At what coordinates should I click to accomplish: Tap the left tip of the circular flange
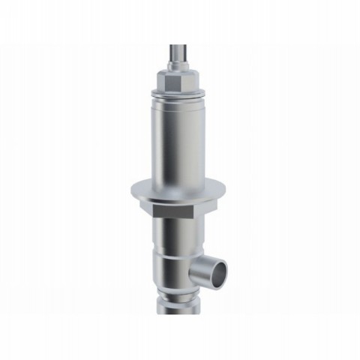[132, 192]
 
